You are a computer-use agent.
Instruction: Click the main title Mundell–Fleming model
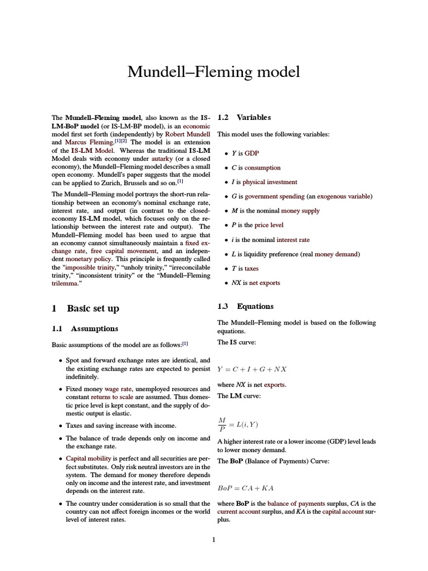[x=213, y=72]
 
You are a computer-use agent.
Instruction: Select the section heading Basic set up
[x=93, y=308]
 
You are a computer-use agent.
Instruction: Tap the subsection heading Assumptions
[x=93, y=328]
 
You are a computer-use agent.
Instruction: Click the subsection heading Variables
[x=254, y=117]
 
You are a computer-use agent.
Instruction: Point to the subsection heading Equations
[x=255, y=306]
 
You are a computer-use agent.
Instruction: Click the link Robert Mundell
[x=187, y=134]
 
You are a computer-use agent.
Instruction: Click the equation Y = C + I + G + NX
[x=252, y=369]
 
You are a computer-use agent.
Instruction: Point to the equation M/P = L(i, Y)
[x=238, y=425]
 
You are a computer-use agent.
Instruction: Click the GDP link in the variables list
[x=252, y=153]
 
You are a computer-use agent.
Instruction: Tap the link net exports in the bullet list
[x=265, y=283]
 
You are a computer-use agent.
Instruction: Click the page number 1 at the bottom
[x=213, y=539]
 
